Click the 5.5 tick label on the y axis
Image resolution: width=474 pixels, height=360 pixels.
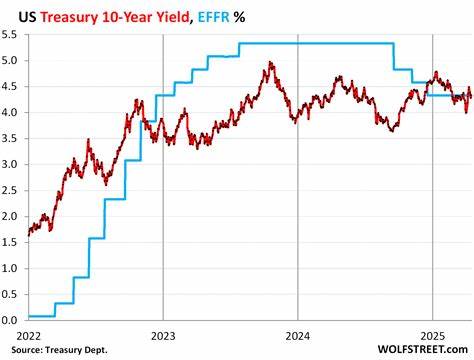(13, 34)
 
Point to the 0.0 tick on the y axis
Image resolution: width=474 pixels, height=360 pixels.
(13, 320)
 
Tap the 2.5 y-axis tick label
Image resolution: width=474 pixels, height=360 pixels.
(13, 190)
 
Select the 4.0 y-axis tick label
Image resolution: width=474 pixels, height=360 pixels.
(13, 112)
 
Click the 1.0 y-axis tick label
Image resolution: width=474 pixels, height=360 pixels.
(13, 268)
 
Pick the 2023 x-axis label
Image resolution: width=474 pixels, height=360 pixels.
(163, 335)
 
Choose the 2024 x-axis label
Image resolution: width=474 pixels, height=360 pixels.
(297, 335)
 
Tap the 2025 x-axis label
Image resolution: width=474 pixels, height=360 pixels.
(432, 335)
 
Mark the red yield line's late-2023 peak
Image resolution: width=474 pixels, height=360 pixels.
(270, 63)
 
